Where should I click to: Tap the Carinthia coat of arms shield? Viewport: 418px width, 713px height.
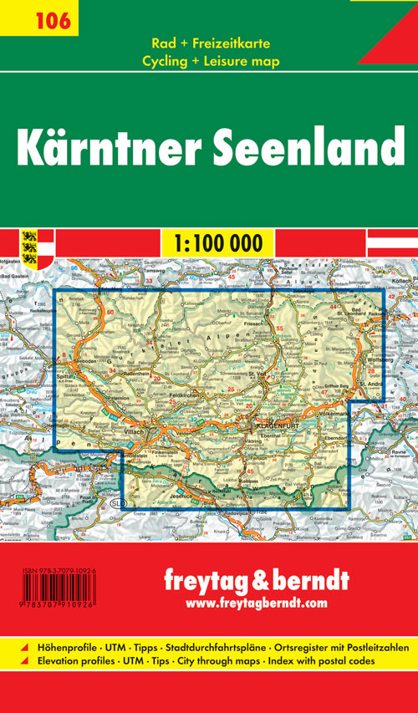point(31,242)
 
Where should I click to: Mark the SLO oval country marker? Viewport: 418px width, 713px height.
point(115,502)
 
